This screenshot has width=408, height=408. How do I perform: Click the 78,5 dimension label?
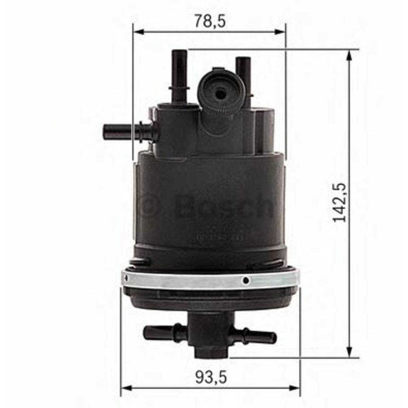pyautogui.click(x=210, y=20)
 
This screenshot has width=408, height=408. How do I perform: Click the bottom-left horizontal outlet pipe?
pyautogui.click(x=163, y=333)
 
